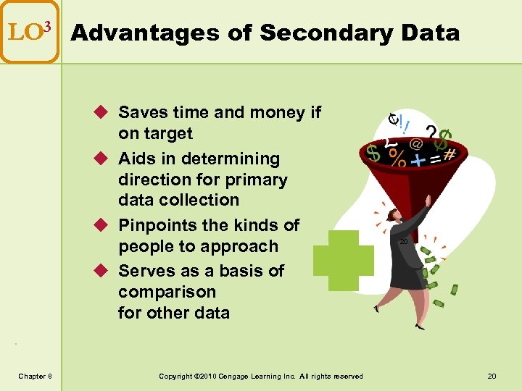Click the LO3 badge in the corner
click(x=29, y=32)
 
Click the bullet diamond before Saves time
click(x=102, y=113)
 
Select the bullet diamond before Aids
click(x=102, y=159)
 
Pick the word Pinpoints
click(x=159, y=225)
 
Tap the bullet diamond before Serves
click(x=102, y=271)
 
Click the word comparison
click(x=167, y=292)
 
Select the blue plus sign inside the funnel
click(x=419, y=159)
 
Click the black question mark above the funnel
click(x=431, y=133)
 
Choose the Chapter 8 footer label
click(x=35, y=375)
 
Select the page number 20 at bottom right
click(x=492, y=375)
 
